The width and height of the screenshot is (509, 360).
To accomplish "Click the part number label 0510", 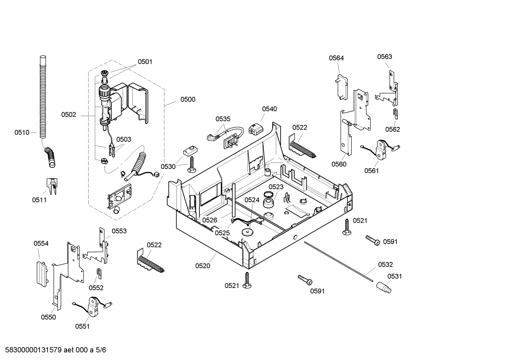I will tap(22, 132).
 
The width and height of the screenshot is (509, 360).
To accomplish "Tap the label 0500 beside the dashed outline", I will tap(188, 99).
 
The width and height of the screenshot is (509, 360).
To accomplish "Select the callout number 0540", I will tap(269, 109).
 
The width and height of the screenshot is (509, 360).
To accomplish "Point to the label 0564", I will tap(336, 58).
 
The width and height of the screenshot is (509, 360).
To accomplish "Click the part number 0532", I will tap(385, 264).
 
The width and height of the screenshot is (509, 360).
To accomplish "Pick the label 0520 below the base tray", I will tap(203, 266).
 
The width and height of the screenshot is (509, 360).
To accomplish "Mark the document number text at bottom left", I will tap(53, 350).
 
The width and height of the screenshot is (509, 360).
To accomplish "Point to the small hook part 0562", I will tap(396, 114).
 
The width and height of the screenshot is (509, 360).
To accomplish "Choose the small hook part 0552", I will tap(100, 272).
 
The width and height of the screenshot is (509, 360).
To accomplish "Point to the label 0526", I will tap(210, 220).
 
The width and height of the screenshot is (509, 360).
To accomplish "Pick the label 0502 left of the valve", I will tap(68, 114).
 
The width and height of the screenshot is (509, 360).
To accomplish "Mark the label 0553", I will tap(119, 231).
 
